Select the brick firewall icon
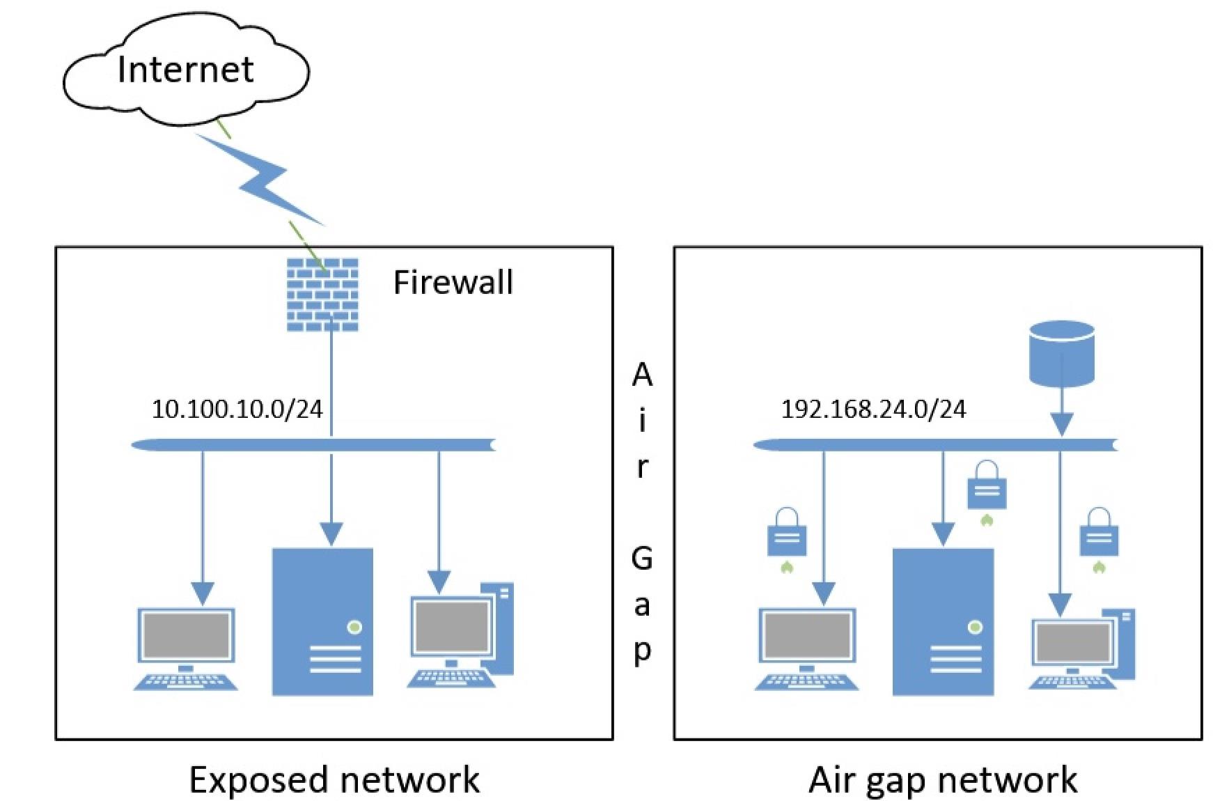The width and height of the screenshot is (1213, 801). coord(322,295)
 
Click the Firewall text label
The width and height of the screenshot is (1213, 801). coord(453,282)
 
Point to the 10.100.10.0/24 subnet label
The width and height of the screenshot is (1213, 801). coord(237,409)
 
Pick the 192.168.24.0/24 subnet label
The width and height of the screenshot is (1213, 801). coord(873,409)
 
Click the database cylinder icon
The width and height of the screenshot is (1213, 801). coord(1061,353)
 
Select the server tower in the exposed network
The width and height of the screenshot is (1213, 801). coord(322,621)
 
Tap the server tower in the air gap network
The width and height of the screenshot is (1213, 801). coord(943,621)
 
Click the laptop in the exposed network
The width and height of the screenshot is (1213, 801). coord(185,649)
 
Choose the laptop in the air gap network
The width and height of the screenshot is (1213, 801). coord(806,649)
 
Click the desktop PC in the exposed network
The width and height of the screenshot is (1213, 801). coord(460,636)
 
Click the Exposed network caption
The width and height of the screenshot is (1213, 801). coord(334,779)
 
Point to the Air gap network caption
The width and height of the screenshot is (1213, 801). coord(943,780)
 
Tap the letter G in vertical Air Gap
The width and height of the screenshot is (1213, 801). coord(641,559)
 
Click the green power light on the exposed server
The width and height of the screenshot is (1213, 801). coord(354,627)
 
